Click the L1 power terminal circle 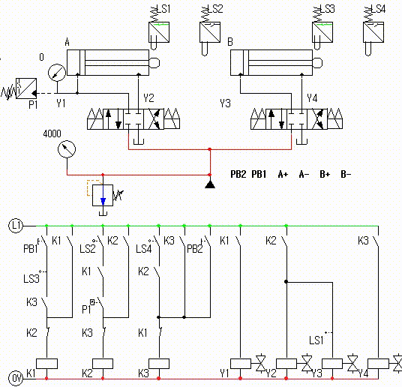[x=16, y=226]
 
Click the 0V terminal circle [x=16, y=378]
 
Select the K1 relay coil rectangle [x=46, y=364]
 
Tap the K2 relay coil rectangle [x=103, y=364]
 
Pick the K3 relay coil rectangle [x=159, y=364]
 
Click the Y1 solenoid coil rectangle [x=241, y=364]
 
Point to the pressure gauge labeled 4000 [x=67, y=149]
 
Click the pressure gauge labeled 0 [x=57, y=73]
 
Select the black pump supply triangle [x=210, y=184]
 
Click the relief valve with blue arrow [x=103, y=195]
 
